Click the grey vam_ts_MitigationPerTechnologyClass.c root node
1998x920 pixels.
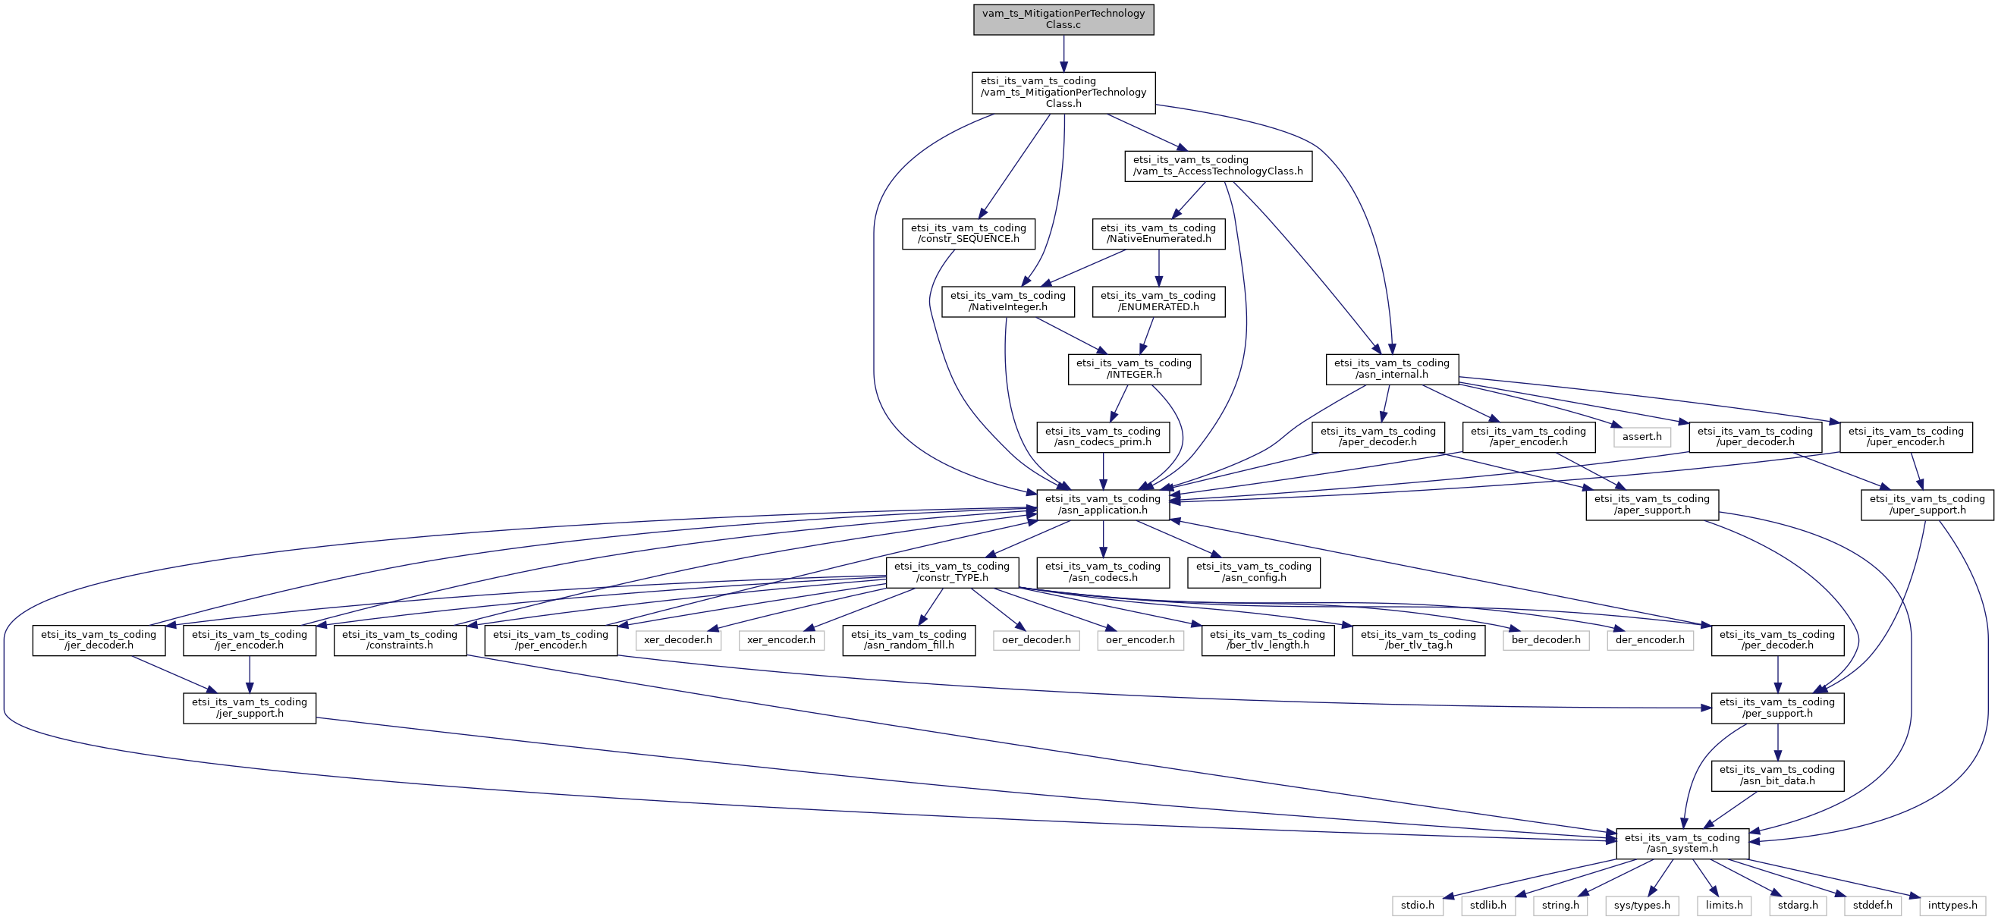[1063, 20]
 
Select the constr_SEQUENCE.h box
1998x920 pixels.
[968, 234]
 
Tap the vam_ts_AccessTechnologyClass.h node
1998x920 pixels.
[1217, 166]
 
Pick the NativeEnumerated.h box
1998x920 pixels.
[1158, 234]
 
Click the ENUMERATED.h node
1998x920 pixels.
[1158, 301]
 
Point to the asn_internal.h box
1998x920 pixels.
[1391, 369]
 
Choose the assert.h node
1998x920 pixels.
[1641, 437]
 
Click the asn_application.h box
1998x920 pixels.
[1102, 504]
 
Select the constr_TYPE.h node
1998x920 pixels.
[952, 572]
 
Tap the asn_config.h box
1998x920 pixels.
[1252, 572]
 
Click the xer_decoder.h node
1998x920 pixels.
[677, 640]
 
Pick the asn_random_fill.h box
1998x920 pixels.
[908, 640]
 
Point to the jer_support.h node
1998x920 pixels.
[249, 708]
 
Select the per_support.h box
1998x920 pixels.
[1777, 708]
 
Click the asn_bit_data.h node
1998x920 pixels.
[1777, 775]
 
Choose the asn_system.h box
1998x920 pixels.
[1682, 843]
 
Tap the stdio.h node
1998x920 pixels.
[1417, 906]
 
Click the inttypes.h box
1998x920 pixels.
[1952, 906]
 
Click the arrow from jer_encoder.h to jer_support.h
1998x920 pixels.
[249, 674]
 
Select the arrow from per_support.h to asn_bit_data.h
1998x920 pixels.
[1777, 742]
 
